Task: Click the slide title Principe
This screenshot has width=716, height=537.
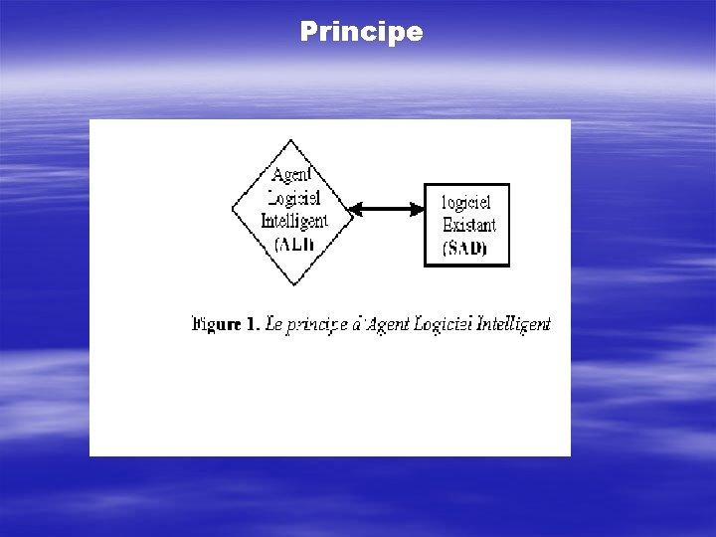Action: (x=361, y=32)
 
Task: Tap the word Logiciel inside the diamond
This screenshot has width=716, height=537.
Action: (x=292, y=200)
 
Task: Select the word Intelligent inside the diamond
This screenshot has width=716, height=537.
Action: (x=293, y=221)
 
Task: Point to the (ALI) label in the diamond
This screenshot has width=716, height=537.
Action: (x=293, y=244)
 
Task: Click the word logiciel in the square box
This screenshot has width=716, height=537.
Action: (x=466, y=203)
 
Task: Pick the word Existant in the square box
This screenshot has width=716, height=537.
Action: (x=467, y=225)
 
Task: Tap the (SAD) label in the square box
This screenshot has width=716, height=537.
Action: (x=465, y=247)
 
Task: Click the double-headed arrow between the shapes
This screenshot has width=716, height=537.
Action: (x=387, y=209)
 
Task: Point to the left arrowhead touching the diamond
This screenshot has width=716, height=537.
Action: (x=355, y=209)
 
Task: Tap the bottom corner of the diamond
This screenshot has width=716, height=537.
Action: (x=292, y=285)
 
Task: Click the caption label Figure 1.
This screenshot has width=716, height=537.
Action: (x=226, y=324)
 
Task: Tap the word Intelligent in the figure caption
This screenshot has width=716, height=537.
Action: (x=514, y=324)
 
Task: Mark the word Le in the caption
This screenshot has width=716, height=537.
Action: (x=274, y=324)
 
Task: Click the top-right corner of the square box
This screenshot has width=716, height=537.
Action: (x=508, y=185)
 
